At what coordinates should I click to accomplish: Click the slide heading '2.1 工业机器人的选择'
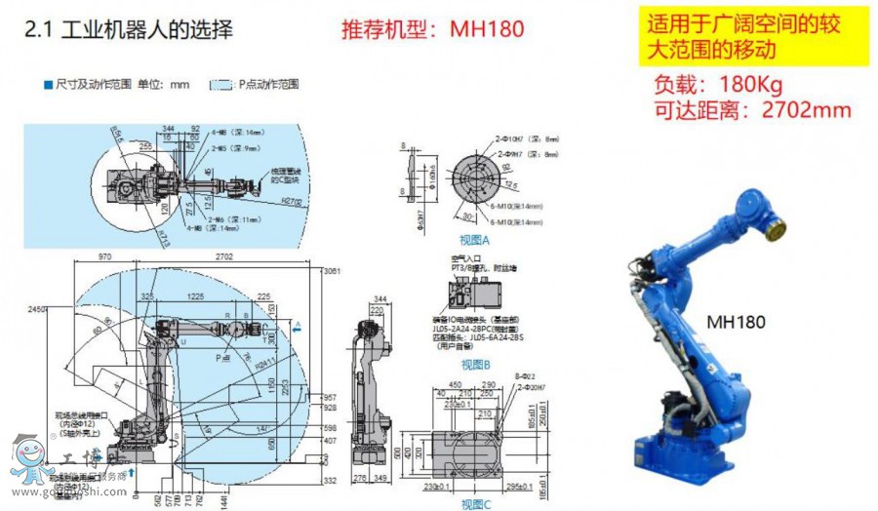pyautogui.click(x=128, y=28)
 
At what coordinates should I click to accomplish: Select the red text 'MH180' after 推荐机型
pyautogui.click(x=487, y=28)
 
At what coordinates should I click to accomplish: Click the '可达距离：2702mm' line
pyautogui.click(x=750, y=109)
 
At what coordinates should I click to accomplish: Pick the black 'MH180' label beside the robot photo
pyautogui.click(x=736, y=321)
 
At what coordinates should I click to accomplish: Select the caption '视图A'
pyautogui.click(x=475, y=240)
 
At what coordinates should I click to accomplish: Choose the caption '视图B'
pyautogui.click(x=475, y=365)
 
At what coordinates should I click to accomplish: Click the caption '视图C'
pyautogui.click(x=474, y=503)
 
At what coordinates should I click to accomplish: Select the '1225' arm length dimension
pyautogui.click(x=195, y=295)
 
